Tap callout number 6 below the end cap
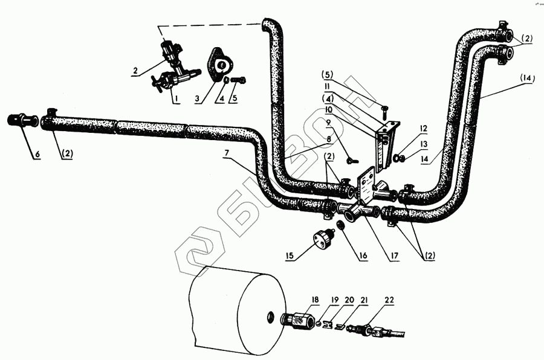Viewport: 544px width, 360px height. tap(36, 154)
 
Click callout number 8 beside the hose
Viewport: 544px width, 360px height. tap(328, 138)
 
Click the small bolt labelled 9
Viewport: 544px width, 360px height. tap(351, 161)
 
